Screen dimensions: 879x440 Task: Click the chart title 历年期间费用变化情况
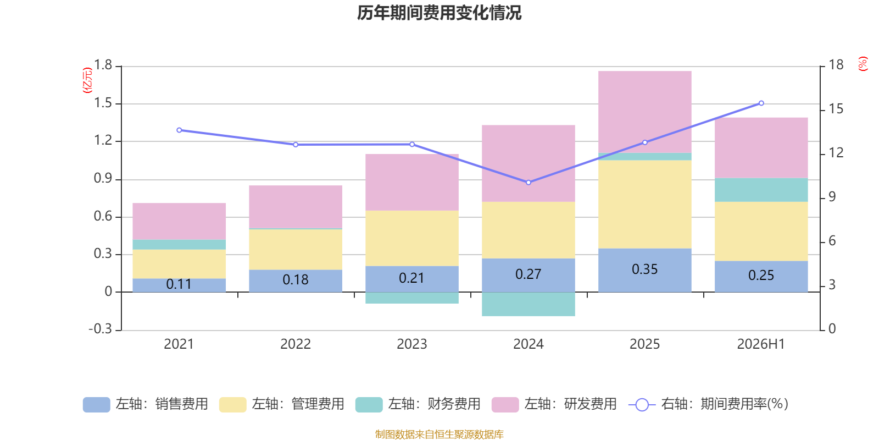[439, 13]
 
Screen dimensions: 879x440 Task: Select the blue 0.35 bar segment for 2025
[645, 270]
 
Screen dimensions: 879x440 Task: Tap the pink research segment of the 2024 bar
[528, 163]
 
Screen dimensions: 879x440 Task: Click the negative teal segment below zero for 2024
[528, 304]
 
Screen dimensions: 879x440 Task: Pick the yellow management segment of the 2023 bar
[412, 239]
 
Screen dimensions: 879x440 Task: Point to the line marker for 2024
[528, 182]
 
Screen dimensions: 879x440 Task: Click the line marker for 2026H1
[761, 103]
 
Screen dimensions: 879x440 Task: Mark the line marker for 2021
[179, 130]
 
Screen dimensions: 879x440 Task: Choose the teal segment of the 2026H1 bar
[761, 190]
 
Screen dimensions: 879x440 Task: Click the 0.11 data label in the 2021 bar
[179, 284]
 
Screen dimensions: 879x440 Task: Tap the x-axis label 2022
[296, 344]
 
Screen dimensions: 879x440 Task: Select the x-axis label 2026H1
[761, 344]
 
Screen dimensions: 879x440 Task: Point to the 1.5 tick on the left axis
[103, 103]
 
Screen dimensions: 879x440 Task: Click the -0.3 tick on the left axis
[101, 328]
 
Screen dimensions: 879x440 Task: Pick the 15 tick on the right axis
[836, 109]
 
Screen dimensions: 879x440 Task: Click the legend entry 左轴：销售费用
[146, 404]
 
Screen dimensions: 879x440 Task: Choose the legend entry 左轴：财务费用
[418, 404]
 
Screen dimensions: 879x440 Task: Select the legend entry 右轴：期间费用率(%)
[709, 404]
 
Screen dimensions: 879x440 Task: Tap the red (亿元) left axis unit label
[87, 80]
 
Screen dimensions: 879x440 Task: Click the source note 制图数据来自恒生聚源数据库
[439, 434]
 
